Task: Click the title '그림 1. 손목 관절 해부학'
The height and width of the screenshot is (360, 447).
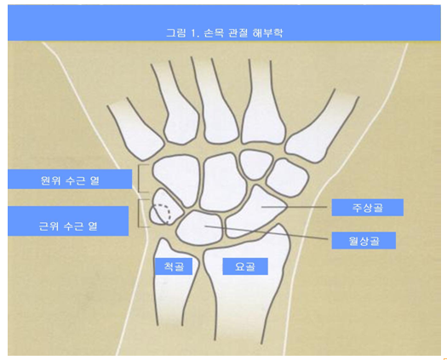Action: [225, 33]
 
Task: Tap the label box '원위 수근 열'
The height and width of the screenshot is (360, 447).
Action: [70, 179]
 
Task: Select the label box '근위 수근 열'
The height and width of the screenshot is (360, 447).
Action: [68, 221]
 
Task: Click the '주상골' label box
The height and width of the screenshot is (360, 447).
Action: [368, 207]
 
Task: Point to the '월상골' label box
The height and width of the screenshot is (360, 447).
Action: [364, 241]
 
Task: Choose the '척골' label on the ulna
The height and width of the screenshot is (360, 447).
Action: [174, 266]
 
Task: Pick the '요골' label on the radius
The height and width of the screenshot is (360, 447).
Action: [245, 266]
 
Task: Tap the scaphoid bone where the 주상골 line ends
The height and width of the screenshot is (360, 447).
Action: [262, 206]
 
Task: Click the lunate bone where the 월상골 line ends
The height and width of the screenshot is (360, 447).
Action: [206, 226]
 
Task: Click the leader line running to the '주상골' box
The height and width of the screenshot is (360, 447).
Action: [295, 206]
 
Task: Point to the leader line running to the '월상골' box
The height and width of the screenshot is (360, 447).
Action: [266, 232]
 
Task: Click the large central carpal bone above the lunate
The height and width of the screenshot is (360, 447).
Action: [221, 182]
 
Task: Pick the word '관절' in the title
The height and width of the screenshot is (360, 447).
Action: [238, 33]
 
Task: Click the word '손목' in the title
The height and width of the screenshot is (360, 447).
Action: [214, 33]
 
